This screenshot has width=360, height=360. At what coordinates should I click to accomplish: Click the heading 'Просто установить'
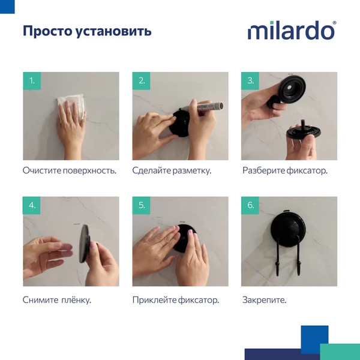87,31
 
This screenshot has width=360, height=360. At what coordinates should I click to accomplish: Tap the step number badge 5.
142,205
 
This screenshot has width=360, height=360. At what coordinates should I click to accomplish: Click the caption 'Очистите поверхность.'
69,170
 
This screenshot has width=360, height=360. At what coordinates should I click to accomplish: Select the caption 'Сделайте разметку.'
172,170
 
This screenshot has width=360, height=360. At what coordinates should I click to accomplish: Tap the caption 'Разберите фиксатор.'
285,170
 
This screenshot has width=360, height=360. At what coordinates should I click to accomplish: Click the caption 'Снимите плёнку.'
56,299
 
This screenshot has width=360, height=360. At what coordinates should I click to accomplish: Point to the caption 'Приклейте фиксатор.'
175,299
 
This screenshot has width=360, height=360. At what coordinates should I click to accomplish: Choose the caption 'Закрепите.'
265,299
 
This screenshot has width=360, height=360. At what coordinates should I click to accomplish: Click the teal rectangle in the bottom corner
340,352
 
